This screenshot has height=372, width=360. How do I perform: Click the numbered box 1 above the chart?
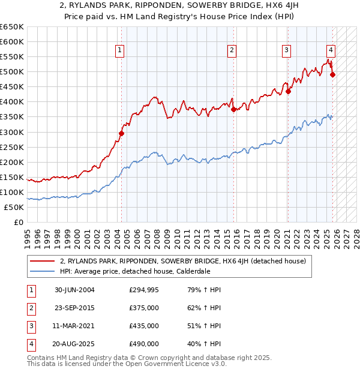pyautogui.click(x=121, y=50)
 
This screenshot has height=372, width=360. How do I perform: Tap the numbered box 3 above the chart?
pyautogui.click(x=287, y=50)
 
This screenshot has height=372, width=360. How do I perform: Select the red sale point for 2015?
pyautogui.click(x=233, y=109)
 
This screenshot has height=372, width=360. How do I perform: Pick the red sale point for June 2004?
pyautogui.click(x=121, y=133)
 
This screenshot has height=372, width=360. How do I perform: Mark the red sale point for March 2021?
pyautogui.click(x=288, y=91)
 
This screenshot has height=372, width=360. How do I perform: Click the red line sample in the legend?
pyautogui.click(x=43, y=262)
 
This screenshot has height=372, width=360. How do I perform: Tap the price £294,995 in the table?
pyautogui.click(x=144, y=290)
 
